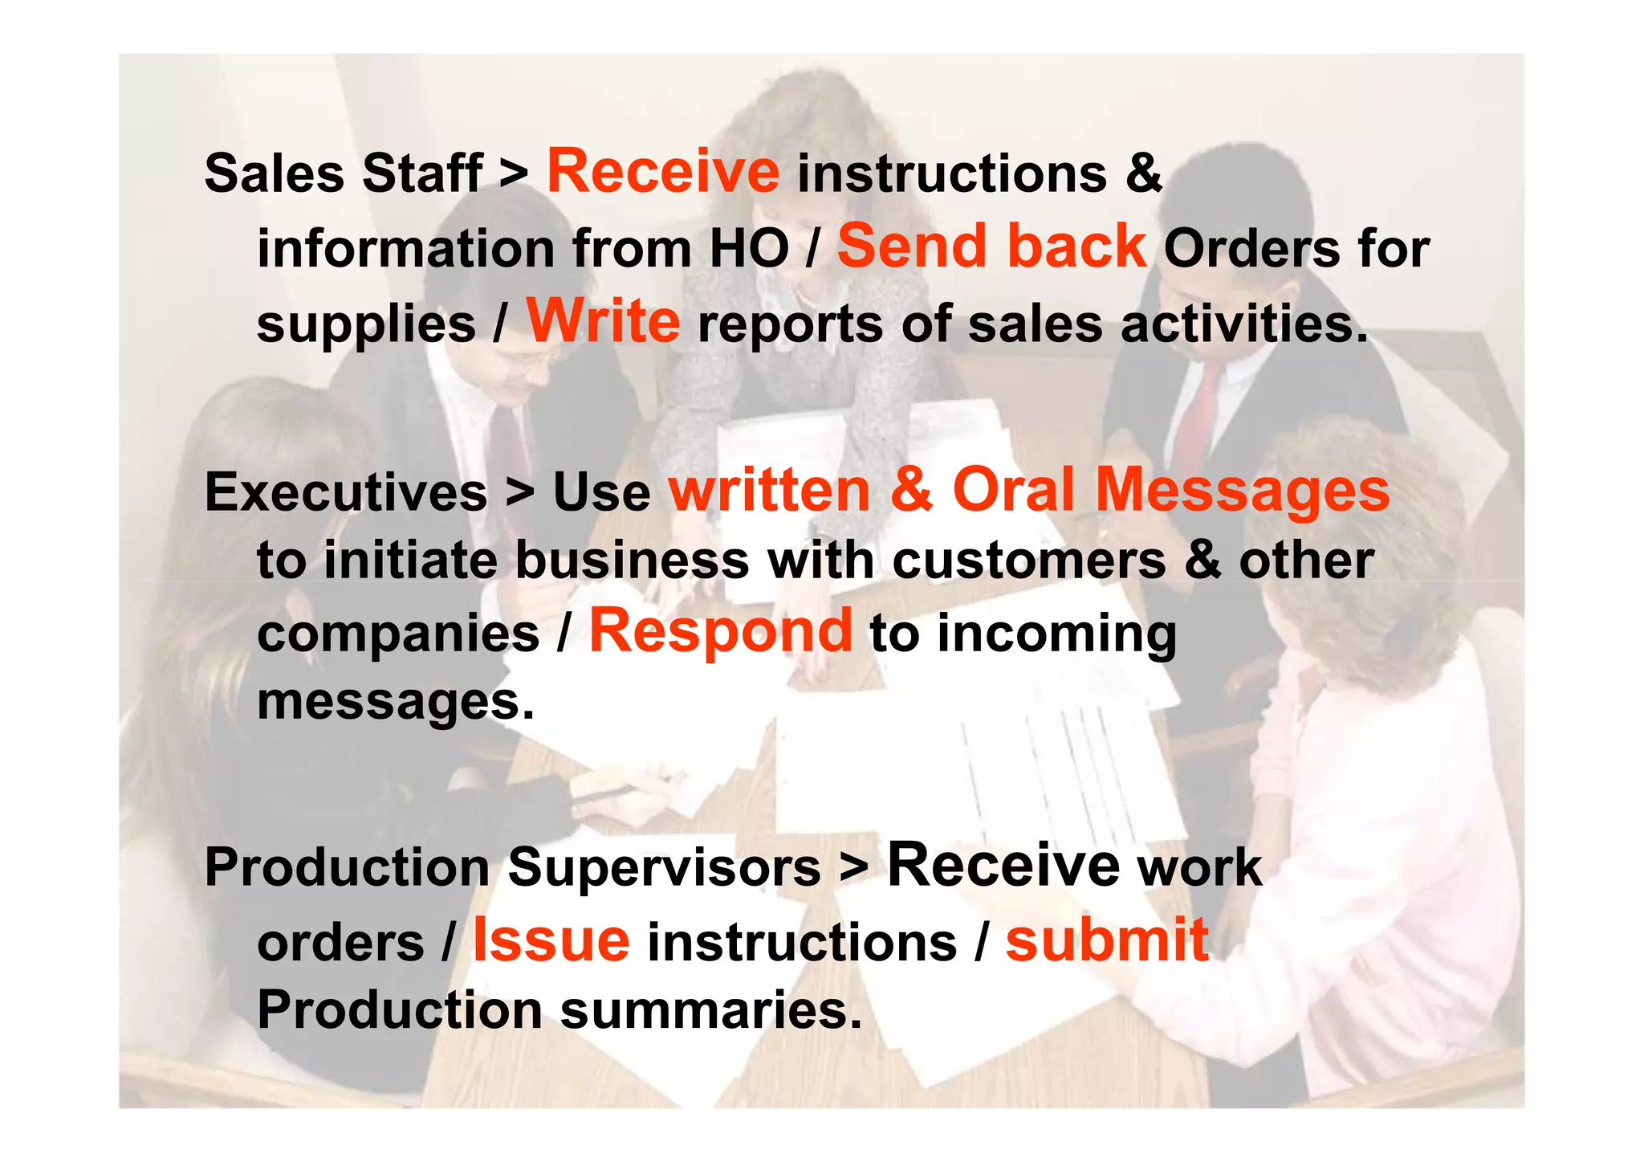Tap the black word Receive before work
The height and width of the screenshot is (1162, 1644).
coord(1003,866)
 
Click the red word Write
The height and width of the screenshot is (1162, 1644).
coord(603,321)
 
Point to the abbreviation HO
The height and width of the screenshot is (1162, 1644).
coord(749,249)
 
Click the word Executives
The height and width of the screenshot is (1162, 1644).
coord(346,491)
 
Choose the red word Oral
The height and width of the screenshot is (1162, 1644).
coord(1013,490)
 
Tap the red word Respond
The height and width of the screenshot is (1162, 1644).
coord(720,631)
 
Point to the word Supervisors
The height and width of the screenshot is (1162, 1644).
coord(665,867)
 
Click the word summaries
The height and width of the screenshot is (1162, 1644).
coord(710,1009)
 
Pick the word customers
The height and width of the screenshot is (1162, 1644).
coord(1029,560)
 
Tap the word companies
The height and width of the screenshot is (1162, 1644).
coord(398,634)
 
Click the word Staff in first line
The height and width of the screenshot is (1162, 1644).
coord(422,173)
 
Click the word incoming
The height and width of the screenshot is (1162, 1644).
coord(1056,634)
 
